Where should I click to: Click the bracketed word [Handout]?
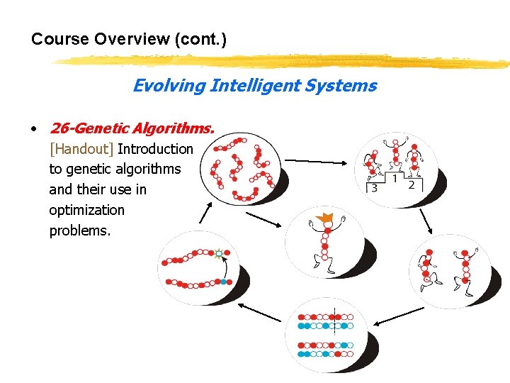click(x=81, y=149)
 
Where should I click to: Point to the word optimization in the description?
click(x=86, y=210)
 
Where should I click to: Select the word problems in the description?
click(x=79, y=231)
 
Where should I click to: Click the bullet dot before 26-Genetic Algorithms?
click(x=33, y=129)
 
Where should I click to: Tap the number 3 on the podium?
click(x=374, y=188)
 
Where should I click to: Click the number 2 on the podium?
click(x=412, y=184)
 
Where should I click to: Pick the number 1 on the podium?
click(x=394, y=177)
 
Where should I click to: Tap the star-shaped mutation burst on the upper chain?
click(x=220, y=252)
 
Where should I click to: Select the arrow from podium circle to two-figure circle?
click(x=426, y=221)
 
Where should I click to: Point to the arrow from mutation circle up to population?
click(x=206, y=213)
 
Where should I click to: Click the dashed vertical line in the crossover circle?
click(x=334, y=333)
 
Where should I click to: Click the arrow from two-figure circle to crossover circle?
click(x=398, y=317)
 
